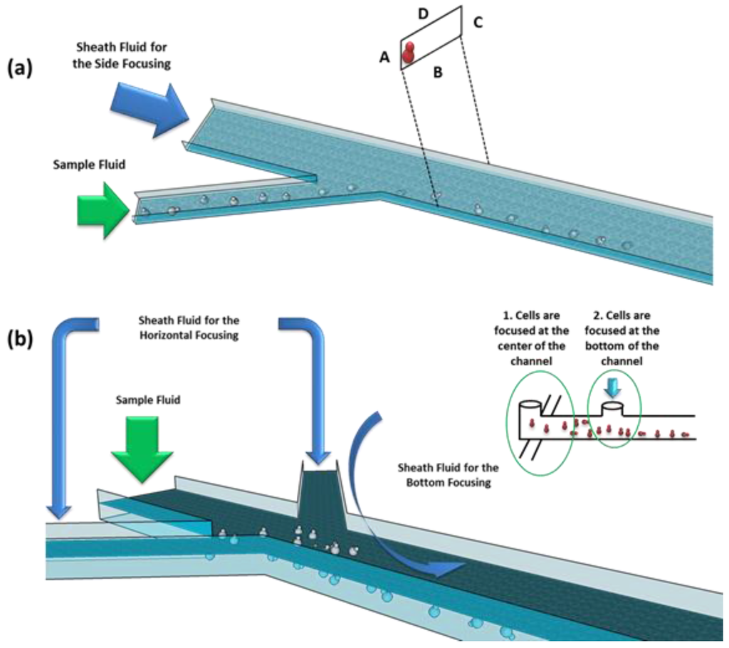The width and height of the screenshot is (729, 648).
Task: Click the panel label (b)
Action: pos(19,340)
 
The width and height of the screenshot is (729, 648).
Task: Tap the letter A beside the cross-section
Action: pos(385,59)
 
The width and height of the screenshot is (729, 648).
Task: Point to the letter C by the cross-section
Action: pos(478,23)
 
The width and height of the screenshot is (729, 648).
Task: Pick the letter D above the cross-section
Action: pos(423,14)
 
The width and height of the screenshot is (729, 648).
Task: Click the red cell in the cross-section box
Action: pos(409,53)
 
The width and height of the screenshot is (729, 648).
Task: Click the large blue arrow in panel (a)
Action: pos(149,109)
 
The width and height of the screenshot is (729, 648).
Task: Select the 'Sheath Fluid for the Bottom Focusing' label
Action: pos(448,474)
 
